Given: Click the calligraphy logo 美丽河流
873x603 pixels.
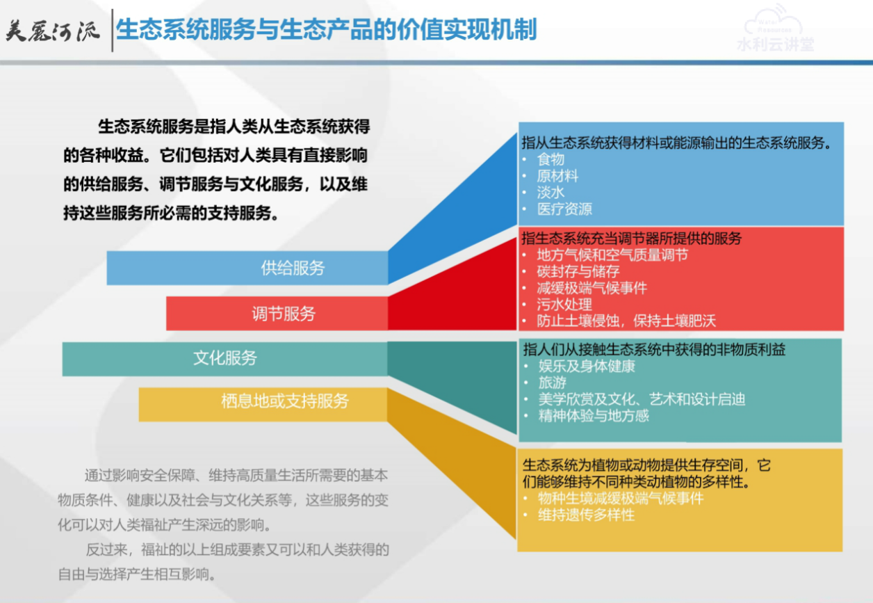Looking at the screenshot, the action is (53, 31).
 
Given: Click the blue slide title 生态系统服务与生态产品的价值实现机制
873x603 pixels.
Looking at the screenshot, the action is (326, 30).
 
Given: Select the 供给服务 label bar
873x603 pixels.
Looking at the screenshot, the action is (247, 268).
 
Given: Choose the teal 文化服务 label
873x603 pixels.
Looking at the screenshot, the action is (225, 358).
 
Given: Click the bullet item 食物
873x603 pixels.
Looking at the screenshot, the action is (550, 159).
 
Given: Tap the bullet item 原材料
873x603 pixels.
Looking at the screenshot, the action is (557, 176).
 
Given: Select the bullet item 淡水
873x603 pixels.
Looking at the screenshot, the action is (550, 193).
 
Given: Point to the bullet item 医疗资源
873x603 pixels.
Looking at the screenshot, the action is (564, 209).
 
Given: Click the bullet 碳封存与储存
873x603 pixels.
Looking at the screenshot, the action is (578, 271).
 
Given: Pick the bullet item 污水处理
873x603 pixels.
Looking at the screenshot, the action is (564, 305).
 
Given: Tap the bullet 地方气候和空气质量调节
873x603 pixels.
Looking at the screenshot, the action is (612, 255).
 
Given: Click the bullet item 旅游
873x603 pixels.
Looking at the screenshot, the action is (553, 383).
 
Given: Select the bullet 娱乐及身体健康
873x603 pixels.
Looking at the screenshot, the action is (587, 367).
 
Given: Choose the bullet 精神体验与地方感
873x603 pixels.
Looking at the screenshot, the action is (594, 416).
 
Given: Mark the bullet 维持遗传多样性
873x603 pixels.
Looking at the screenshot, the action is (586, 515).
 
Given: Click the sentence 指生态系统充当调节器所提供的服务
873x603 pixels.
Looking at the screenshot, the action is (631, 239).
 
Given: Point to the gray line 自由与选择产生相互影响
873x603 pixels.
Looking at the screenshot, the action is (137, 574).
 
